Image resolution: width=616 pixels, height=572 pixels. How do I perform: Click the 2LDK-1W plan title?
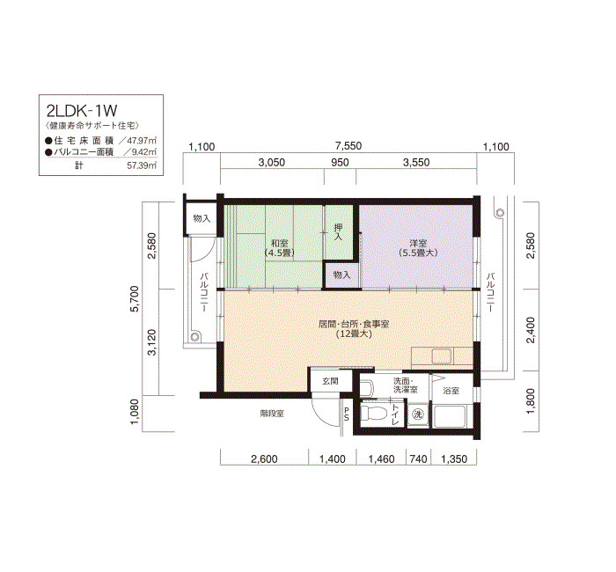[82, 111]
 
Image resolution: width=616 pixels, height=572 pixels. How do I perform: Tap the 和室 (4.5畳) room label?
[279, 248]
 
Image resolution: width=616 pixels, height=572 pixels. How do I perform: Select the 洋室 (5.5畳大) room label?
[418, 248]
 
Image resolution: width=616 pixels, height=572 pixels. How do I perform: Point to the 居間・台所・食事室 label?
[354, 324]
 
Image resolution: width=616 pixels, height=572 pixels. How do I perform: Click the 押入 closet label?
[338, 231]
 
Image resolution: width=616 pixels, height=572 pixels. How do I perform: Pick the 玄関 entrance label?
[330, 381]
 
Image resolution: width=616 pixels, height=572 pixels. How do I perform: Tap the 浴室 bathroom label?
[451, 391]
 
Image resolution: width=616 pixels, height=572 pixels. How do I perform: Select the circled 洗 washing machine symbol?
[418, 414]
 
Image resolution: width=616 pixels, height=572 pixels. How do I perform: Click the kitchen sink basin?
[442, 356]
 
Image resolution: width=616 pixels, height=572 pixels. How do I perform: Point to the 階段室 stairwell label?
[272, 414]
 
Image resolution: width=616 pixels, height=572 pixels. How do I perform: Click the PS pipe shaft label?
[347, 414]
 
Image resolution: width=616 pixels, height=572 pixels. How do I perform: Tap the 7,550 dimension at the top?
[348, 146]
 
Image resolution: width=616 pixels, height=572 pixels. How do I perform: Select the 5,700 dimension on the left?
[135, 298]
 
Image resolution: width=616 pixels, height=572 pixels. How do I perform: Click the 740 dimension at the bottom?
[418, 458]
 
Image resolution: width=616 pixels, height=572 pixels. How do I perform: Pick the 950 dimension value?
[340, 162]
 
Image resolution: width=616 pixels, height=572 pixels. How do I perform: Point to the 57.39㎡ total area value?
[142, 165]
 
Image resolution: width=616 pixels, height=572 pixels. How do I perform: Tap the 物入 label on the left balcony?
[202, 219]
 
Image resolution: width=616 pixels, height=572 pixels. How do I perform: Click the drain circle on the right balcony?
[500, 213]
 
